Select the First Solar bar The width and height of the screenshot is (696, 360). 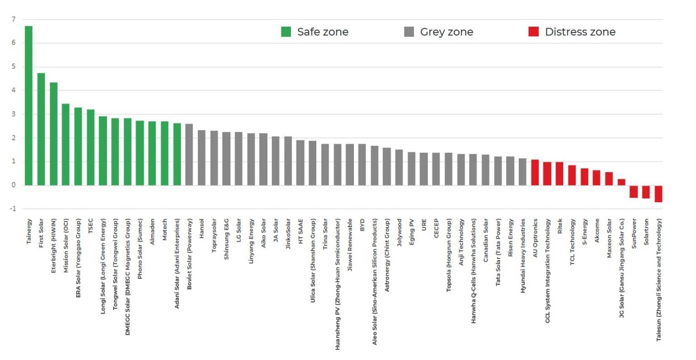[x=41, y=129]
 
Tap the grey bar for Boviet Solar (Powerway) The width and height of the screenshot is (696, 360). [x=189, y=154]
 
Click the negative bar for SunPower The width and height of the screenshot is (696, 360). [x=633, y=191]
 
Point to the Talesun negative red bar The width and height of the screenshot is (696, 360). [x=658, y=194]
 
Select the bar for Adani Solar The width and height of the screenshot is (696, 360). [x=177, y=154]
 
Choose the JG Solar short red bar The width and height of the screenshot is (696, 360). [x=621, y=182]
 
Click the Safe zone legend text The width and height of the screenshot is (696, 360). [x=323, y=32]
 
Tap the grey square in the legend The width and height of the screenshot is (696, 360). [x=409, y=32]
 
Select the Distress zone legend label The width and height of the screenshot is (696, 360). [x=580, y=32]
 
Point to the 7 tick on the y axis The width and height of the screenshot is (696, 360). [x=14, y=19]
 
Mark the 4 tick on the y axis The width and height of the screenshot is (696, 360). [x=14, y=91]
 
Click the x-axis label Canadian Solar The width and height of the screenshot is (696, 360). [x=486, y=240]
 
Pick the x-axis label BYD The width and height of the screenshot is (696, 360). [x=362, y=225]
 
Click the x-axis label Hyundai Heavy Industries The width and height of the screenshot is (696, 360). [x=523, y=256]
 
